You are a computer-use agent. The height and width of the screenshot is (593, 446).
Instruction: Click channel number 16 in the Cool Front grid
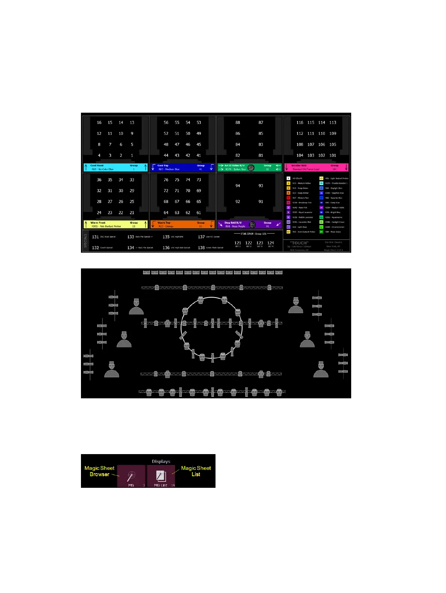[99, 122]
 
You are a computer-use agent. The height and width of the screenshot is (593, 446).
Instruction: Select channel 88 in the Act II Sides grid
[238, 122]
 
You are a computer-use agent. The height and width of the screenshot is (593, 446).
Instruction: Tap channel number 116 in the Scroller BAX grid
[300, 122]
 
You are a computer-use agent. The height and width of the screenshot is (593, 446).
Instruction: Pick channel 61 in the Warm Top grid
[199, 213]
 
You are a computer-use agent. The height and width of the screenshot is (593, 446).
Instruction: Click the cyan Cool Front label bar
[115, 167]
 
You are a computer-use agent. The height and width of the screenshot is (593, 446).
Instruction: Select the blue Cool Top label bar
[182, 167]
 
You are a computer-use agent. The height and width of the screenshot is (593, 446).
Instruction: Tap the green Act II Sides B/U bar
[249, 167]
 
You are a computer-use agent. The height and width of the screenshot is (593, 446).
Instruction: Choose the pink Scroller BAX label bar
[316, 167]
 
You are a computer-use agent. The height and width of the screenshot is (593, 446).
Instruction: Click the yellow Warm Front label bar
[115, 225]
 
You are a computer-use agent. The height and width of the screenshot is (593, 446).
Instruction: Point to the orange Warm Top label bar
[182, 225]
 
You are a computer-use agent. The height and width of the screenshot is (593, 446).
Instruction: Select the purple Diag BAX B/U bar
[249, 225]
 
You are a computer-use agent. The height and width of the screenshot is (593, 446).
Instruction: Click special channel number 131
[95, 237]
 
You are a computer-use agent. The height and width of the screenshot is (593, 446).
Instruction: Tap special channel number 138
[201, 248]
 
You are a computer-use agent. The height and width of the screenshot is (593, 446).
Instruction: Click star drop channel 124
[271, 243]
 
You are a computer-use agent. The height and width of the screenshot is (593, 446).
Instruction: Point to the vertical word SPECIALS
[85, 241]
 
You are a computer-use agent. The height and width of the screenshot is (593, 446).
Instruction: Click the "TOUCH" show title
[299, 243]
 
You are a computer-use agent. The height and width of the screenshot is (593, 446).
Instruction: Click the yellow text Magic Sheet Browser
[99, 471]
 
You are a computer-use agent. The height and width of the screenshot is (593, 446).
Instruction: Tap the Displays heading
[161, 462]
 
